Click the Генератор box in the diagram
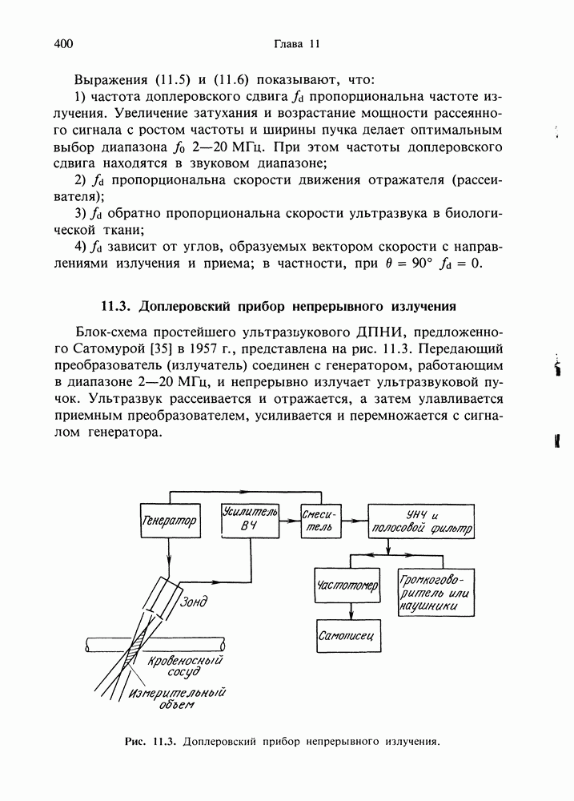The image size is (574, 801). [169, 521]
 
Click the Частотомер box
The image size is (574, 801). [348, 586]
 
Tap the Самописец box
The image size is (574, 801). [347, 636]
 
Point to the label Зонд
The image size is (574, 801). [197, 602]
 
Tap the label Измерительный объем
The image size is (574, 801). [177, 698]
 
